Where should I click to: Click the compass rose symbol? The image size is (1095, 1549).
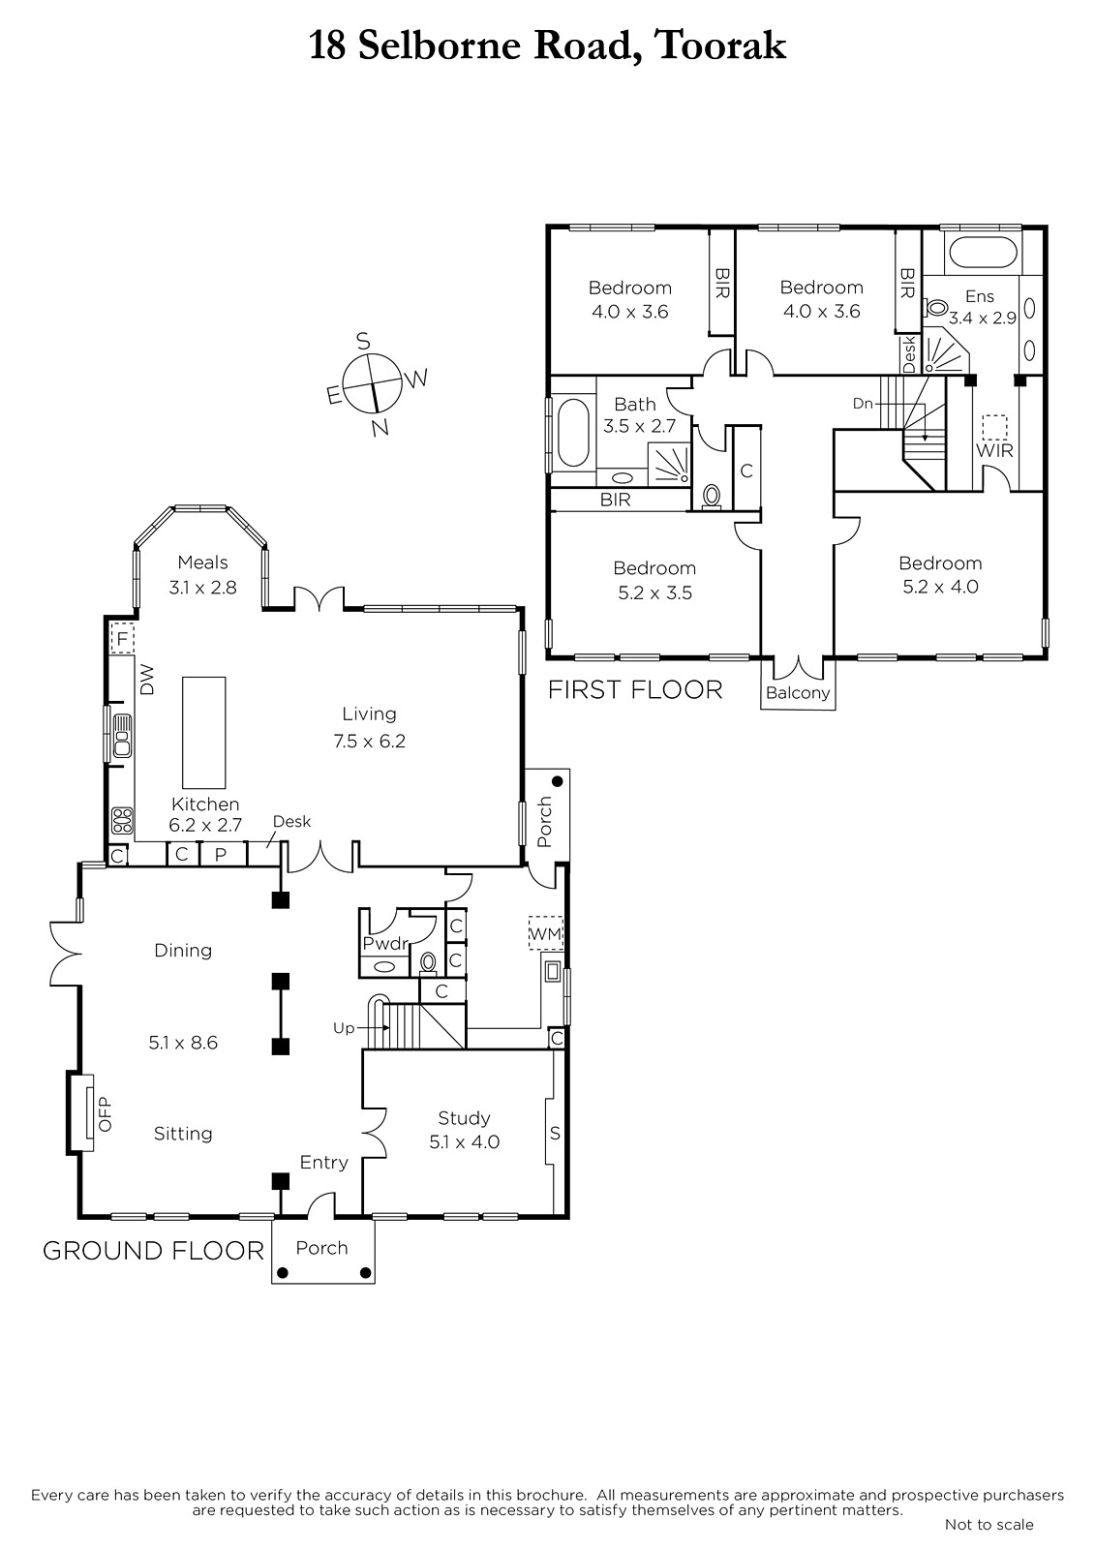(373, 383)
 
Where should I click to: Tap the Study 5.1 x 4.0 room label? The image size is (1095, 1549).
(464, 1130)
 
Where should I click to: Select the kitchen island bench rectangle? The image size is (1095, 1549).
(204, 732)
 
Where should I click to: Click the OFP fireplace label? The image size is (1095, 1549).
(105, 1114)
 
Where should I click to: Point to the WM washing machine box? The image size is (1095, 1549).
(546, 933)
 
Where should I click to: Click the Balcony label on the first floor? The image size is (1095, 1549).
(798, 693)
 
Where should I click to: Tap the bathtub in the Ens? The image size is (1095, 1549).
(983, 252)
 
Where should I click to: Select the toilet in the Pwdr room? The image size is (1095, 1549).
(428, 962)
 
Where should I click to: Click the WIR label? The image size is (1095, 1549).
(994, 451)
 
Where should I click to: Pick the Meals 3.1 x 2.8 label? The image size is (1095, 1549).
(202, 575)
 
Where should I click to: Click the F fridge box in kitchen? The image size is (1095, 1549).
(122, 638)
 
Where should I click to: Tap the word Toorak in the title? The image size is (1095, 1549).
(719, 46)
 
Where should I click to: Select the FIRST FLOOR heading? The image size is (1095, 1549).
(635, 689)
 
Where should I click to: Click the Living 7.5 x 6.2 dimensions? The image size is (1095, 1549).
(370, 742)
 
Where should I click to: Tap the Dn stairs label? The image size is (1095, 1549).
(863, 403)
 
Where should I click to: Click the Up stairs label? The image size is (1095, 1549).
(344, 1028)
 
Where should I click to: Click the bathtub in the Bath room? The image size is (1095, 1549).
(573, 432)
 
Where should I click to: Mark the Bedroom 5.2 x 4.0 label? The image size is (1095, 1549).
(940, 575)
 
